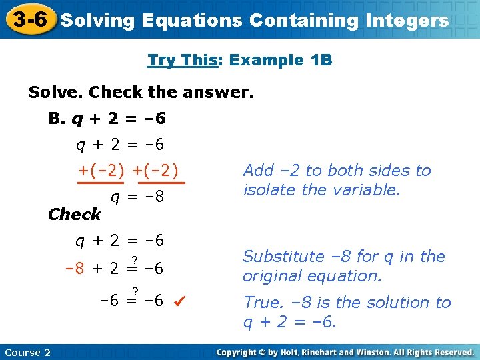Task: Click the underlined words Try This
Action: point(183,60)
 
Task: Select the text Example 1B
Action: point(280,60)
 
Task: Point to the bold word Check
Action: point(75,214)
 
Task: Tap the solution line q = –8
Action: point(137,197)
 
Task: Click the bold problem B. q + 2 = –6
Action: point(107,119)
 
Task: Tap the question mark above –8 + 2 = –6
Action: point(135,259)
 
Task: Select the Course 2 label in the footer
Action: point(27,352)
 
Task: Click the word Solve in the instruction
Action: point(55,91)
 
